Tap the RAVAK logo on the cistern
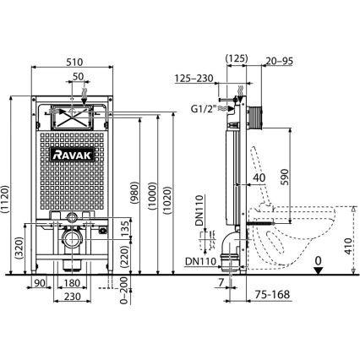[72, 154]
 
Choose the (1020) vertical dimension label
[173, 199]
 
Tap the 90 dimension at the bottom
[40, 281]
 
